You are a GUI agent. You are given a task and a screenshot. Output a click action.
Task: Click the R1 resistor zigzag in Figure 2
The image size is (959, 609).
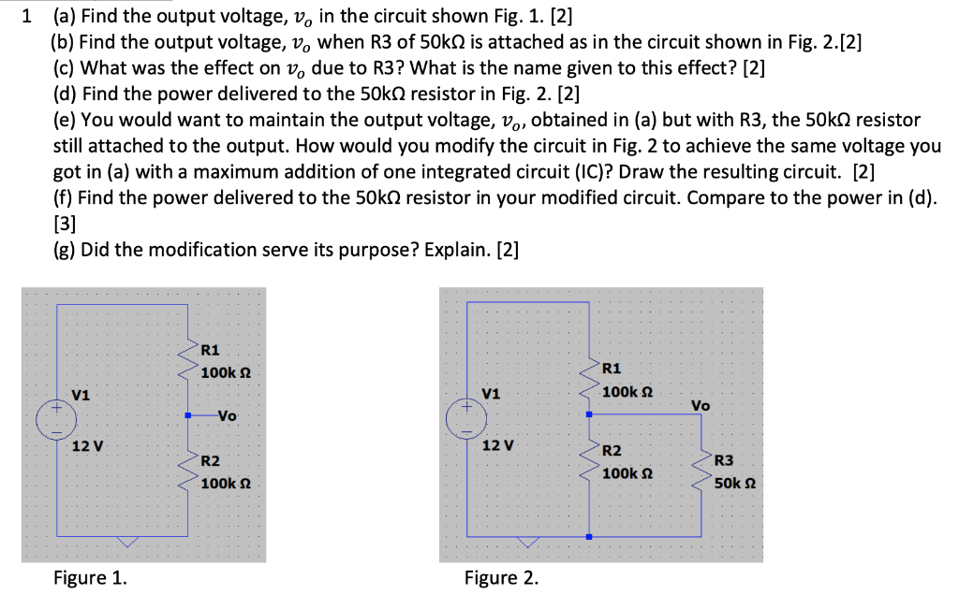point(589,378)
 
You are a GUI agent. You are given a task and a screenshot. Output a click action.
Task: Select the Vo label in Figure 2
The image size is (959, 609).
point(701,405)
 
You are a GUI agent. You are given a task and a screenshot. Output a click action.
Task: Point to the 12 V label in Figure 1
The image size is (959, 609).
point(88,445)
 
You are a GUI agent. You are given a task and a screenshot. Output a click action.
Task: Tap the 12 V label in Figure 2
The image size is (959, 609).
point(497,444)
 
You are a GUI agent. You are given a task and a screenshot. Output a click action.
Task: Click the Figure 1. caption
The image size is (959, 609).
point(90,577)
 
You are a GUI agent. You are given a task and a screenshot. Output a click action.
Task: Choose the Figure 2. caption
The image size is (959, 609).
point(501,577)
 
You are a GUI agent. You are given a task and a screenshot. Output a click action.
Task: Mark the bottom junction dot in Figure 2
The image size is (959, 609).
point(588,536)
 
